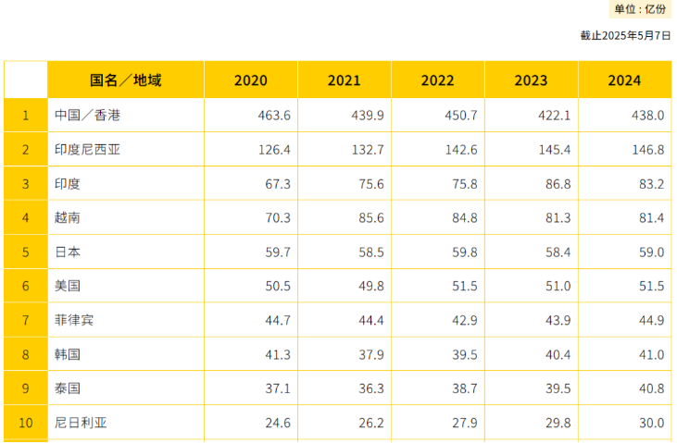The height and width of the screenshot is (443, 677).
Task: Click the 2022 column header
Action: (438, 80)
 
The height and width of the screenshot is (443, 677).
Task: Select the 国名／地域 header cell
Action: (126, 80)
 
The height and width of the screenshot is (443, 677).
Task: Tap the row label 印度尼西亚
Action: (87, 150)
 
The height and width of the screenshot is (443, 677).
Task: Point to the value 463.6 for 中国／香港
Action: (275, 116)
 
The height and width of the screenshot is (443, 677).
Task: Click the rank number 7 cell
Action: (26, 320)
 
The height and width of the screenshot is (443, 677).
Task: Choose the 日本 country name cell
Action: (68, 252)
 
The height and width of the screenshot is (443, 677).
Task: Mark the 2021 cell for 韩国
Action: (369, 354)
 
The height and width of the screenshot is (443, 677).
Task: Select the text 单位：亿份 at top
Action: (640, 9)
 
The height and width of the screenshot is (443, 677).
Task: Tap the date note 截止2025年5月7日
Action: (625, 36)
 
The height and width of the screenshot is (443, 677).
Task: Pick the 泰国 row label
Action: (68, 388)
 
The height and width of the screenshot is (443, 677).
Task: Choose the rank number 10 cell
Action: (26, 423)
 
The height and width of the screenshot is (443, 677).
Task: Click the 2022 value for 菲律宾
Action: (462, 320)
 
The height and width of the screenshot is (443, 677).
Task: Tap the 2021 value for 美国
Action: (369, 286)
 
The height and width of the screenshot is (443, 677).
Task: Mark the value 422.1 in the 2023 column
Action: (555, 116)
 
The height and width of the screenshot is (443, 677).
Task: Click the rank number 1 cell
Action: (26, 116)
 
